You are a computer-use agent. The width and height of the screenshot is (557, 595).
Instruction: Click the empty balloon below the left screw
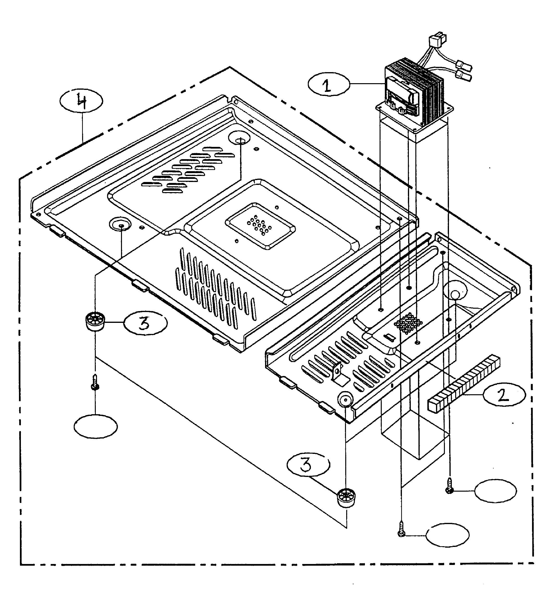click(96, 426)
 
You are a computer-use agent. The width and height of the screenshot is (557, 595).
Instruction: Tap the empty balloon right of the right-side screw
click(495, 491)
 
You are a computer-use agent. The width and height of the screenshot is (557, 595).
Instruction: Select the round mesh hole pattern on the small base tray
click(408, 324)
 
